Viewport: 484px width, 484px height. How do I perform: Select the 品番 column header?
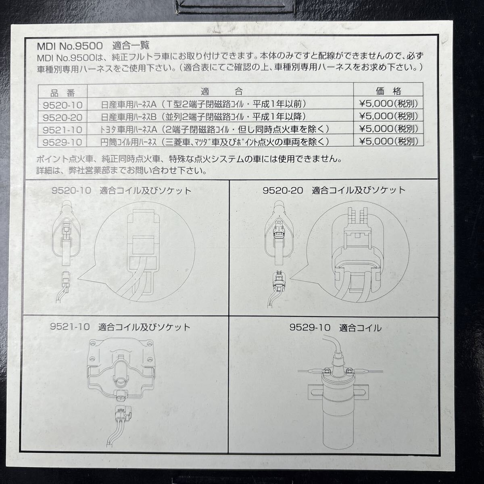tap(63, 92)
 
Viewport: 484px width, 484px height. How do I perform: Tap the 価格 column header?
tap(388, 91)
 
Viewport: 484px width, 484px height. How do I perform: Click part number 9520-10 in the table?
tap(63, 105)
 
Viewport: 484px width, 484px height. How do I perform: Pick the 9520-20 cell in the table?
tap(63, 117)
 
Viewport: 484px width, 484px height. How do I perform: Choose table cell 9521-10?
tap(63, 129)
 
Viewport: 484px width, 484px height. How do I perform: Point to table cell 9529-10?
tap(63, 142)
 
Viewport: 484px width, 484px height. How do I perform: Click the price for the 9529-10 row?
tap(388, 142)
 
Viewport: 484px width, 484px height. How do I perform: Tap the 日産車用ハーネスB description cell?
tap(206, 117)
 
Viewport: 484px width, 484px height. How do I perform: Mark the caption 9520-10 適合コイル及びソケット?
tap(121, 191)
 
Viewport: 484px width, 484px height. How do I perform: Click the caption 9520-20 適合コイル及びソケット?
tap(334, 190)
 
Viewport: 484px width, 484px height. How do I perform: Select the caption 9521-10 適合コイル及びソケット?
tap(120, 327)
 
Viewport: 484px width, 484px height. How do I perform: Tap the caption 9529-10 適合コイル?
tap(335, 328)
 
